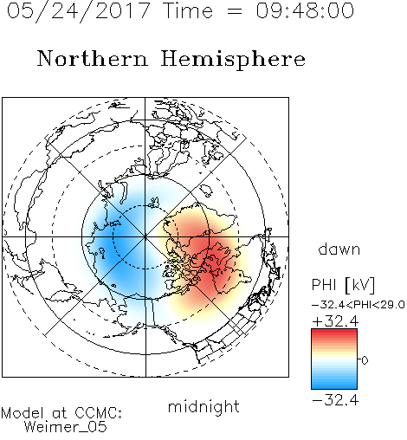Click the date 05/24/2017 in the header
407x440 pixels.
coord(78,11)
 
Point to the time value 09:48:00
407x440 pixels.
coord(305,10)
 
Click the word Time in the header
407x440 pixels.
coord(188,10)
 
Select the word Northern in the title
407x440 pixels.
coord(92,58)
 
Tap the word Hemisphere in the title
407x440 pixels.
coord(233,60)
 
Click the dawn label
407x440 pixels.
coord(339,249)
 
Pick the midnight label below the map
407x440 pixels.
coord(203,406)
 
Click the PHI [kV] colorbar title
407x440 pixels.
coord(343,285)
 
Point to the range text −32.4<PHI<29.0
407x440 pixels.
coord(359,305)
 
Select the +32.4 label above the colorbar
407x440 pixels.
coord(335,321)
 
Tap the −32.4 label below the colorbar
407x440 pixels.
coord(335,400)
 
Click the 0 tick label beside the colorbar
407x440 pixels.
coord(365,360)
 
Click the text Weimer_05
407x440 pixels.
coord(66,427)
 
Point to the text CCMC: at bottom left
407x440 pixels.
coord(98,412)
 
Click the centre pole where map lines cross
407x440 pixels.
coord(145,236)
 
